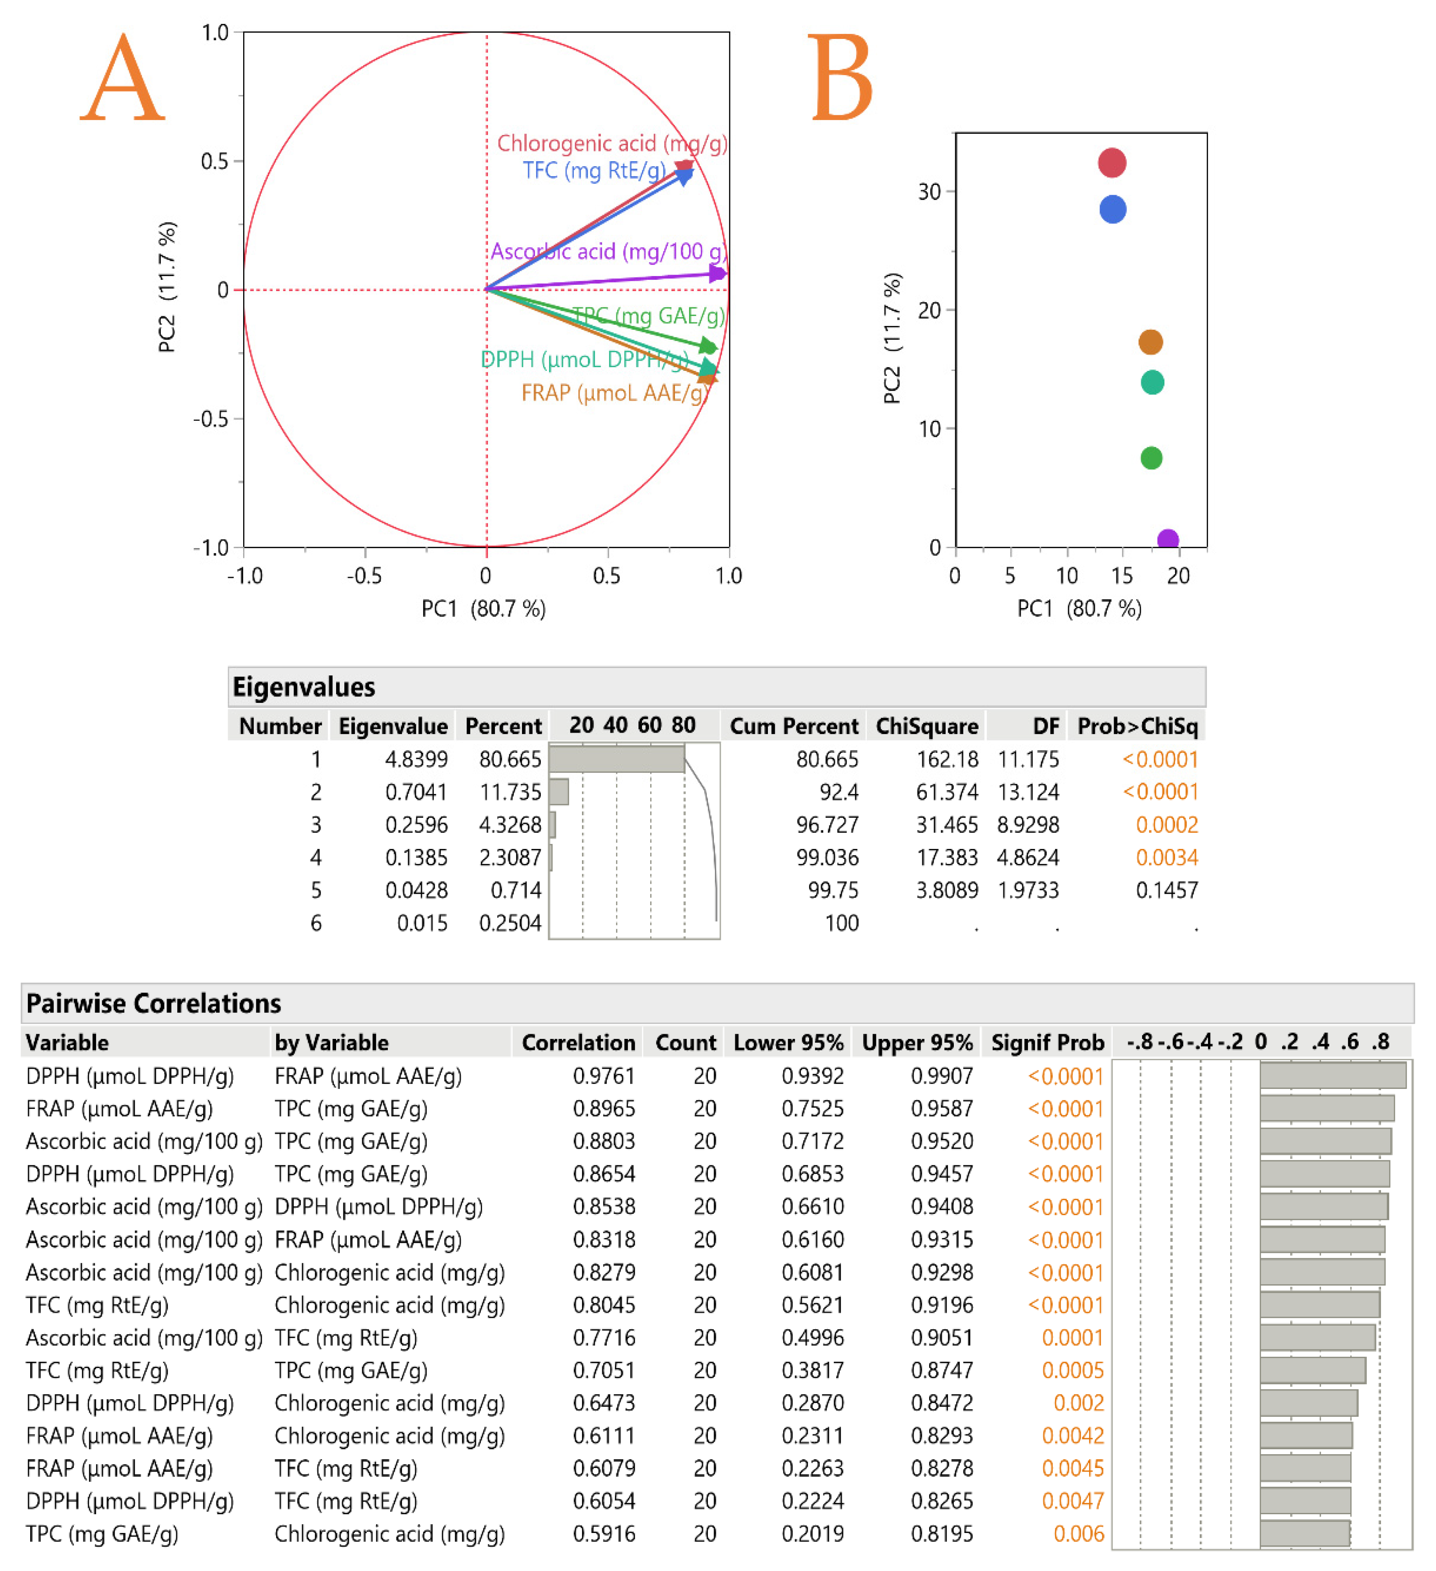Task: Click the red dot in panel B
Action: click(x=1112, y=163)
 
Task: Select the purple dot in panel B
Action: click(x=1167, y=539)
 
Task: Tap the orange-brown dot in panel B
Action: click(x=1151, y=342)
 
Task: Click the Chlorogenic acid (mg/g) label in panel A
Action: click(x=612, y=143)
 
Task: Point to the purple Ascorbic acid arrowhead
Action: click(x=718, y=273)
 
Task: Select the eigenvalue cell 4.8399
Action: click(x=416, y=759)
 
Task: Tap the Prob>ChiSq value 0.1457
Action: click(x=1166, y=890)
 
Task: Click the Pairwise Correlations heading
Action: click(x=153, y=1003)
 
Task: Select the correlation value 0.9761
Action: click(x=604, y=1076)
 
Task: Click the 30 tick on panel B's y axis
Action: click(x=930, y=192)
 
